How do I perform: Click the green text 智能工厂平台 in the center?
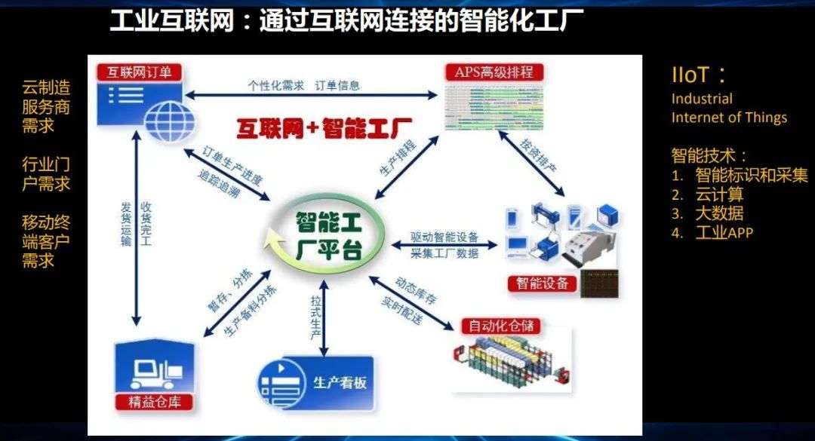pos(326,236)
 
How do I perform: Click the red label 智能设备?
pos(543,283)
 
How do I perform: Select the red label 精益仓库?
pos(154,401)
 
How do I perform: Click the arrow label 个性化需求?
pos(276,85)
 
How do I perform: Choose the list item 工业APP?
pos(724,232)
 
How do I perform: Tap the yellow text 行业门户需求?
pos(46,173)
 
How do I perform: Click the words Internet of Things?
pos(729,117)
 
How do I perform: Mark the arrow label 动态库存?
pos(416,292)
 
